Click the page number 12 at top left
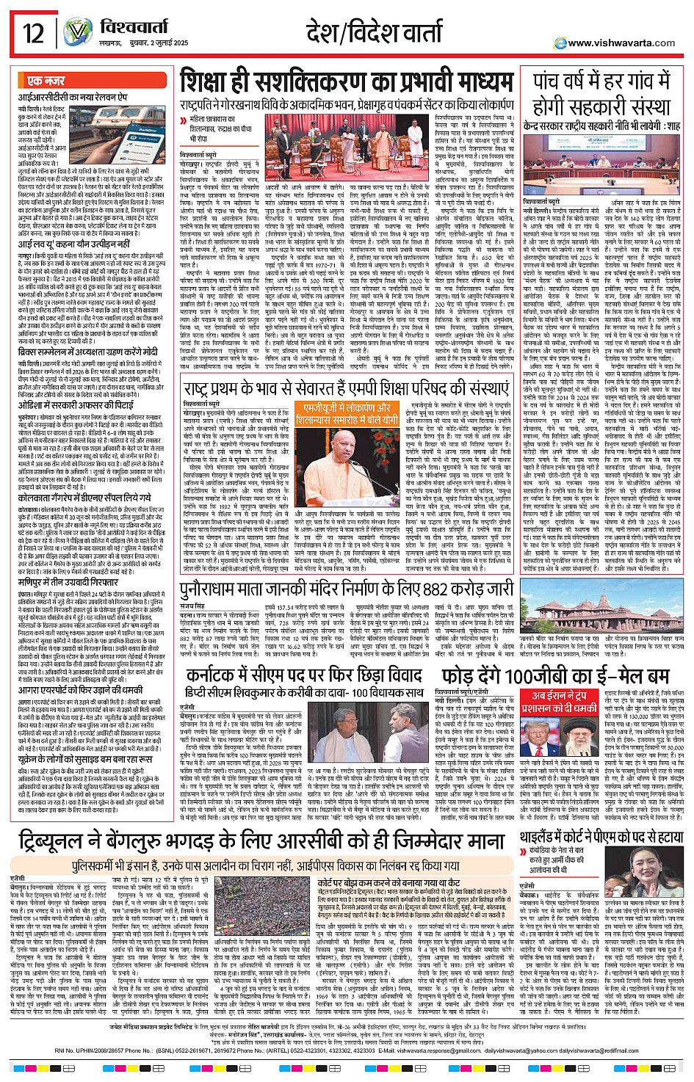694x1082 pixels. click(33, 33)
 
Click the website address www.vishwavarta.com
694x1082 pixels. click(621, 43)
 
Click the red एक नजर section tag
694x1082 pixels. click(46, 81)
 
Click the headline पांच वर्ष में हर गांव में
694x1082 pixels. click(602, 81)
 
